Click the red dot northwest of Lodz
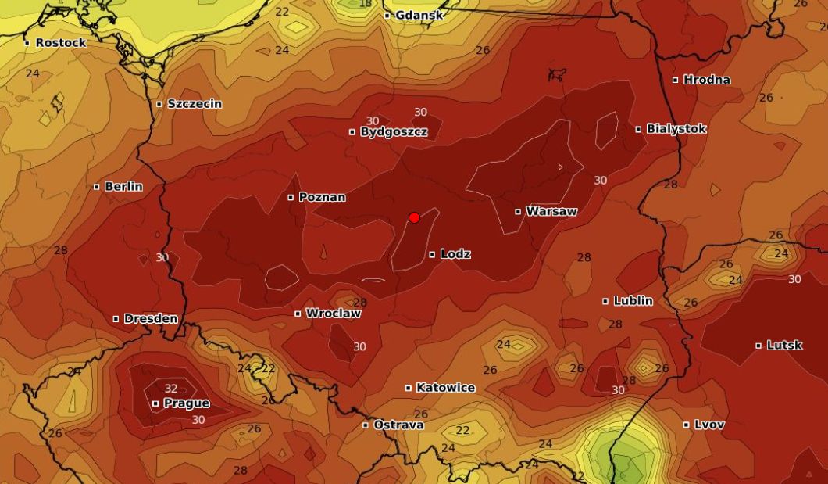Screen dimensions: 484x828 [415, 217]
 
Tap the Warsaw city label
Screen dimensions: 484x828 [551, 211]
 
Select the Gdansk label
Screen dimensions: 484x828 [419, 15]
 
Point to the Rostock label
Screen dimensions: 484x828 [61, 42]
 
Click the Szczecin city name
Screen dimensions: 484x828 [195, 103]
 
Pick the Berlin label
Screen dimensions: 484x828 [123, 186]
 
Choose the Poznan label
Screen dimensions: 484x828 [322, 197]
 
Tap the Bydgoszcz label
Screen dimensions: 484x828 [394, 131]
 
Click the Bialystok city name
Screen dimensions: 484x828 [676, 128]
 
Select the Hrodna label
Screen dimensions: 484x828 [707, 79]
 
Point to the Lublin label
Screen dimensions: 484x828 [633, 300]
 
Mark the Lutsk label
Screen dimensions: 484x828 [783, 345]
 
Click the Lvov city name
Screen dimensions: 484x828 [708, 425]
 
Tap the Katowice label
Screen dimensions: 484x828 [445, 387]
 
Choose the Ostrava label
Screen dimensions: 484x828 [398, 425]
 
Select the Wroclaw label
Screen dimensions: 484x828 [333, 313]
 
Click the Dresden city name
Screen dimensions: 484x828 [151, 318]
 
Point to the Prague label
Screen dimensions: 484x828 [186, 403]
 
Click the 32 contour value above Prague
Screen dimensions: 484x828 [171, 389]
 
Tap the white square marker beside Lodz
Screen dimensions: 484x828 [432, 254]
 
